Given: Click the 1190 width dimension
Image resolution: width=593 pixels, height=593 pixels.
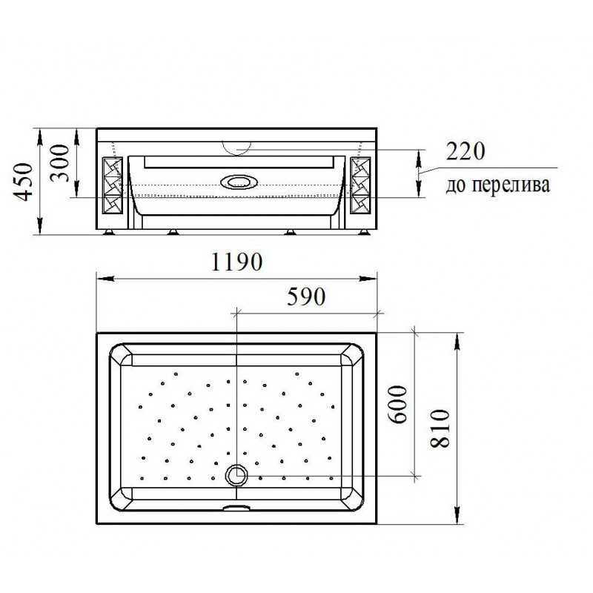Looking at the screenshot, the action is (x=236, y=262).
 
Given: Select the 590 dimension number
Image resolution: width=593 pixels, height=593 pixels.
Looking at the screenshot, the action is (x=306, y=296).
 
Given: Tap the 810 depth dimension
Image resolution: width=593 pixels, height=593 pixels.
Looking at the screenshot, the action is (x=440, y=428).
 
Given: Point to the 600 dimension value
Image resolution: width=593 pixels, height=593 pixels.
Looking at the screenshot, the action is (x=398, y=404).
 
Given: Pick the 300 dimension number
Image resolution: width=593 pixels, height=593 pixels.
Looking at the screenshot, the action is (x=60, y=163).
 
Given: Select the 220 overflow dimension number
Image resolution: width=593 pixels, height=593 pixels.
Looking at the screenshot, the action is (x=466, y=151).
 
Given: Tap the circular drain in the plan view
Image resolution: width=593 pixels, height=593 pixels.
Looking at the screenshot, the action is (x=236, y=475).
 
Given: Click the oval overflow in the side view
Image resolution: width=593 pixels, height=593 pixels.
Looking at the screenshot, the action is (x=238, y=182).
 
